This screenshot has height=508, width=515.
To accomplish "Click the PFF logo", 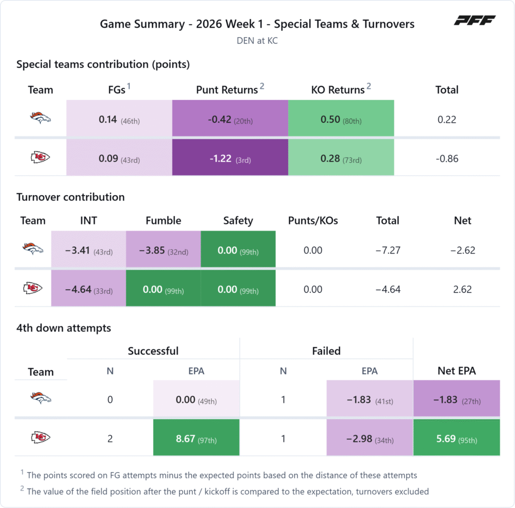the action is point(475,20).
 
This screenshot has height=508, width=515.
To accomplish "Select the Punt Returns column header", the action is point(227,90).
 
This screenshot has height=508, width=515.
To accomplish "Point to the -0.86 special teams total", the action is point(447,158).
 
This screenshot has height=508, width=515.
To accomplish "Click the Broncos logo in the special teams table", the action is point(40,118).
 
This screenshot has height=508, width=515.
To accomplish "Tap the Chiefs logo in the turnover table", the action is point(33,288).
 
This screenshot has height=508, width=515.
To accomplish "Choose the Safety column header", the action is point(238,221).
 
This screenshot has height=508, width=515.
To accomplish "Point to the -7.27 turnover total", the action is point(388,250).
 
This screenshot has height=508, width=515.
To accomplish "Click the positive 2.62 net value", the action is point(463,289).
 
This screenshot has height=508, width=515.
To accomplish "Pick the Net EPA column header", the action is point(457,371).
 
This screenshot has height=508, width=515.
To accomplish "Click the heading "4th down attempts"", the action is point(64,328).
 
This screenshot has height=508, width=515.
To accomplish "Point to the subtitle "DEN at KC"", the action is point(257,41).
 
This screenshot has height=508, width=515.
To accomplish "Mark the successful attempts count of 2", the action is point(110,439).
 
